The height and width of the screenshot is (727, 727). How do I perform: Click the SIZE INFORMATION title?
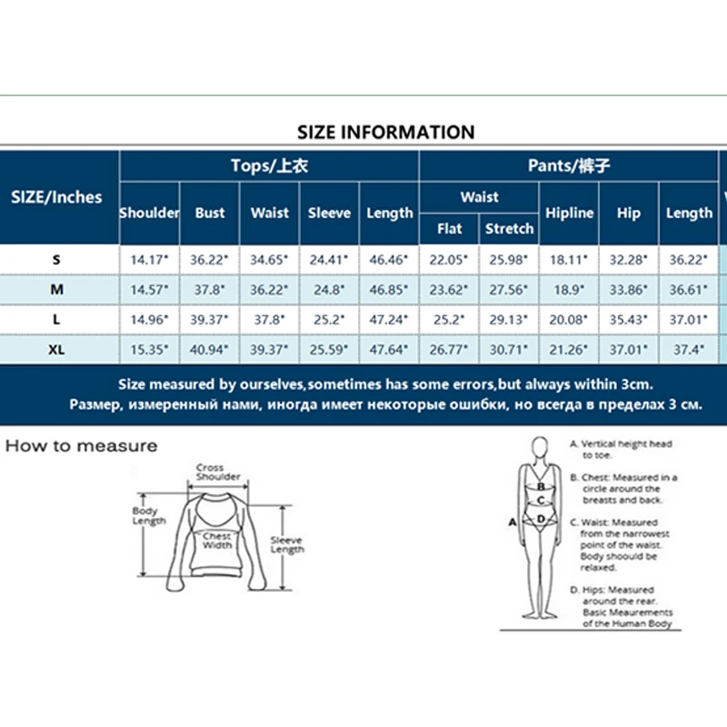tap(385, 132)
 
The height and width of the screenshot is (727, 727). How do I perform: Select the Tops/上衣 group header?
tap(269, 165)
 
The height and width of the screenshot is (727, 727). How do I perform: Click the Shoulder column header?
tap(149, 213)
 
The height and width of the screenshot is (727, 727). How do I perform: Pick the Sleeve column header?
tap(329, 213)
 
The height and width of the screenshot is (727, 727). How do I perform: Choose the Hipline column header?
tap(569, 213)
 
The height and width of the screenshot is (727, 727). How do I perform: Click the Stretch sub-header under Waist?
tap(509, 229)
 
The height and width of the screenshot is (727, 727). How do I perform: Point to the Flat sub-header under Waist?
tap(449, 229)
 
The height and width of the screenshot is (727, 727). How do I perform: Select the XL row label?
tap(56, 349)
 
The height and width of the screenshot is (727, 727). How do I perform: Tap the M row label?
tap(56, 289)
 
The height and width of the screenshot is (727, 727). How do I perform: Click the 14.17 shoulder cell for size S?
tap(149, 260)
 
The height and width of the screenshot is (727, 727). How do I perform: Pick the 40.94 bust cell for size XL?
tap(209, 349)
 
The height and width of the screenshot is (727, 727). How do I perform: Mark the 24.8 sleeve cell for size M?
tap(329, 289)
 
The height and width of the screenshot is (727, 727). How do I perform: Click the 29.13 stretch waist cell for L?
tap(509, 319)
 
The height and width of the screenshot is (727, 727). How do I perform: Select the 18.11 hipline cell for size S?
tap(569, 260)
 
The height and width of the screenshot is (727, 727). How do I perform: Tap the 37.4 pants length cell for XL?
tap(689, 349)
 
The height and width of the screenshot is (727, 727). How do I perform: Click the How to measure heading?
tap(82, 446)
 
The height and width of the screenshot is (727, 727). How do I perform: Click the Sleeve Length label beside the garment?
tap(287, 544)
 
